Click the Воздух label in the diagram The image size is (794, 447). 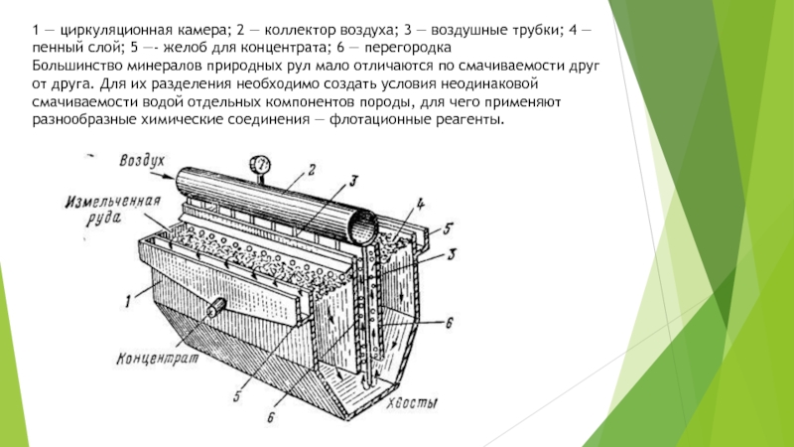[x=142, y=161]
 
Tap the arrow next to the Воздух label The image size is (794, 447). [x=162, y=176]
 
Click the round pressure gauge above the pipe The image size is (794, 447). [x=260, y=165]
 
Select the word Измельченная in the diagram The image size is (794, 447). [x=113, y=203]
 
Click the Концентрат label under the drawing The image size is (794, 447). [x=158, y=359]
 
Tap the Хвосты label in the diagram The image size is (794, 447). [x=412, y=403]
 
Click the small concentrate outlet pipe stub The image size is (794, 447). [x=216, y=305]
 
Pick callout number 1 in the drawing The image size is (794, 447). [x=129, y=302]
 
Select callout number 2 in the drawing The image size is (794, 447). [x=312, y=169]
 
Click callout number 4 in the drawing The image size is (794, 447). [x=420, y=205]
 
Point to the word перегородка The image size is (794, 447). [x=408, y=48]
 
